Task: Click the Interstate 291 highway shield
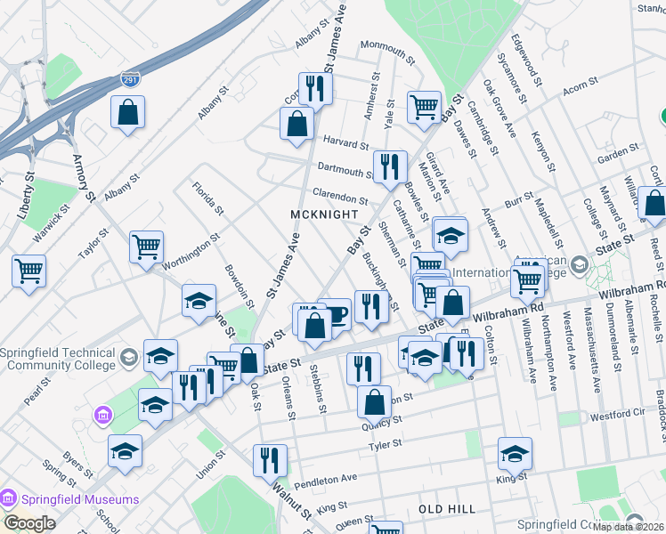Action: (x=129, y=80)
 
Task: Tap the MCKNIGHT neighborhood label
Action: (x=324, y=214)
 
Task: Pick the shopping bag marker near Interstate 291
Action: (x=128, y=112)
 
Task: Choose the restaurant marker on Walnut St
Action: (x=269, y=460)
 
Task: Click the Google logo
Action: (x=29, y=523)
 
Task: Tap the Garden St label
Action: (x=613, y=155)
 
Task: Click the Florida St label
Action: (x=207, y=198)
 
